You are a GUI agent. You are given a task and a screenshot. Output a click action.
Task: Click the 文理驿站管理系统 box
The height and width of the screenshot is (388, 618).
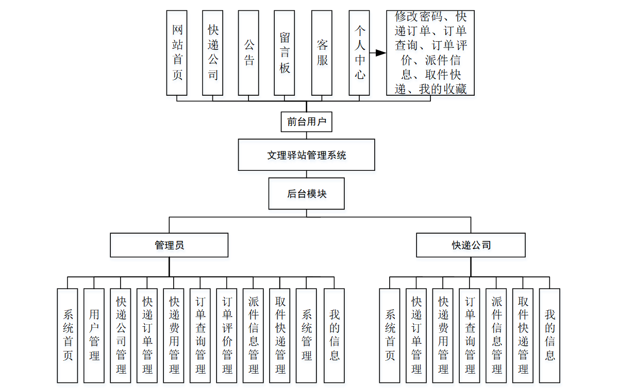306,154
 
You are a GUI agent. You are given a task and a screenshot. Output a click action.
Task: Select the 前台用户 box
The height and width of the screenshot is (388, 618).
306,122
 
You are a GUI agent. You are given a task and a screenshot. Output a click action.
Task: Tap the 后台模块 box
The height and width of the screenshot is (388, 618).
306,194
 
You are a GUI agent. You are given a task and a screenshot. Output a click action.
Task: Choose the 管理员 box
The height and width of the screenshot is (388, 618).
169,245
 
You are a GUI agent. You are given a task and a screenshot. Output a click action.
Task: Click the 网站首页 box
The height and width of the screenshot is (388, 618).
177,53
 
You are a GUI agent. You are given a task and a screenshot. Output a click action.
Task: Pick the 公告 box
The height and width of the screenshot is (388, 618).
248,53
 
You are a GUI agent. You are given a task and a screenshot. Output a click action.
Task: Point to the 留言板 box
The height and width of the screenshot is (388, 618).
285,53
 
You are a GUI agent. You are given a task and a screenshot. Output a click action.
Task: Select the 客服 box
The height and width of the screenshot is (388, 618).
322,53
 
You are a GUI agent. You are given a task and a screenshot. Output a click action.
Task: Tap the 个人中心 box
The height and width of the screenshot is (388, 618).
359,53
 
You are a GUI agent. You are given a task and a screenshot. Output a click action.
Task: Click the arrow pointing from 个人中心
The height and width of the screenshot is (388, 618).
378,53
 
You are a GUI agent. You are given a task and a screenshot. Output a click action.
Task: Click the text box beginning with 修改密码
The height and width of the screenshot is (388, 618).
430,53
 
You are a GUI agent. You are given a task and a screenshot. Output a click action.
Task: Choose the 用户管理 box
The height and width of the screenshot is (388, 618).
94,335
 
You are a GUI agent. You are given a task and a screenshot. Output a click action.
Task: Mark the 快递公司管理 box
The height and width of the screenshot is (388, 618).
121,335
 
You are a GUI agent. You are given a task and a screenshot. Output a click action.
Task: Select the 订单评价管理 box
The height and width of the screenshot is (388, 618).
227,335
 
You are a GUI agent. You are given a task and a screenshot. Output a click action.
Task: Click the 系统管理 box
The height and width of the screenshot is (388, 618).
306,335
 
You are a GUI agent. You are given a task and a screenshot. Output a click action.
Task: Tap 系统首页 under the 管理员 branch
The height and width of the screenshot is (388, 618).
68,335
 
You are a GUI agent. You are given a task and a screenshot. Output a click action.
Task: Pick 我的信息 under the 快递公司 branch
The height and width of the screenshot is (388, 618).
549,335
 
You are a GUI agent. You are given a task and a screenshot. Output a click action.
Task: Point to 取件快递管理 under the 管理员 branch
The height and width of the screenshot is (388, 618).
280,335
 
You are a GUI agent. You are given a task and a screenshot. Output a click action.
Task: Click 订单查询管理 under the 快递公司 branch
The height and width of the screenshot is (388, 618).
470,335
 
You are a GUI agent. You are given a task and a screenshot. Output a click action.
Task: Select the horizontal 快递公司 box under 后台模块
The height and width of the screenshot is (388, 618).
471,245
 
